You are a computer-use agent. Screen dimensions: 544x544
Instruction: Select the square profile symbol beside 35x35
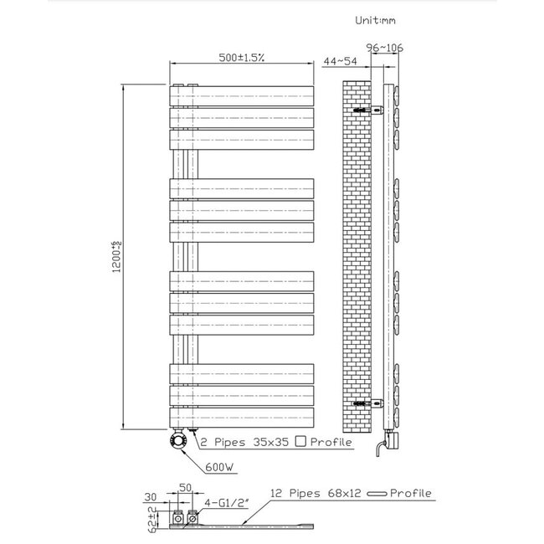pyautogui.click(x=300, y=441)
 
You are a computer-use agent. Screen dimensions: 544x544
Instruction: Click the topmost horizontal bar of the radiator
pyautogui.click(x=243, y=91)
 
